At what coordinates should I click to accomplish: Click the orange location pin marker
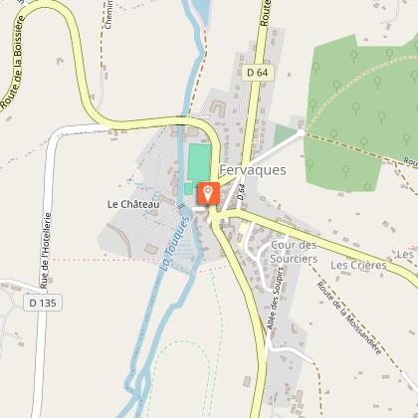pos(208,193)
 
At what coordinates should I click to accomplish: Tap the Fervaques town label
pos(252,170)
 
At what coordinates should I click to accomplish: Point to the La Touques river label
pos(172,244)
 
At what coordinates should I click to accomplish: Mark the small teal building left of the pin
pos(189,187)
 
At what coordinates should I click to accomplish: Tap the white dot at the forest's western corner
pos(302,130)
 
